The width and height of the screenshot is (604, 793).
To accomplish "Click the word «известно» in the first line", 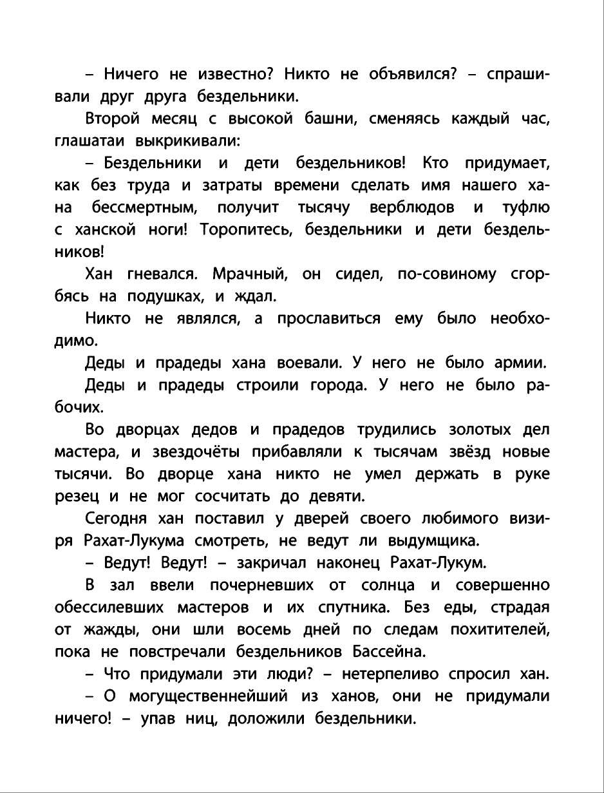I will (x=228, y=75).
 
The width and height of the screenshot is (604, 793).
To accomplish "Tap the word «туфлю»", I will (x=526, y=207).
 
